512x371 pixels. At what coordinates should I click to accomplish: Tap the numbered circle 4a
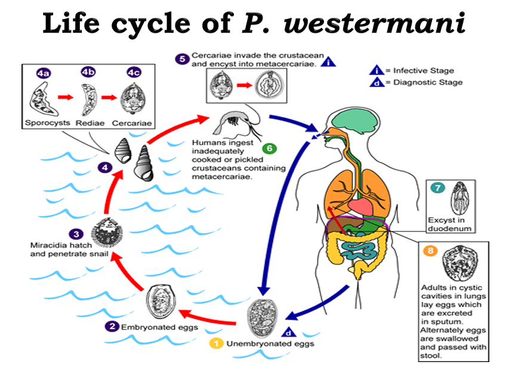tap(43, 73)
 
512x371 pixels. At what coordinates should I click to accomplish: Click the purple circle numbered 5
tap(182, 58)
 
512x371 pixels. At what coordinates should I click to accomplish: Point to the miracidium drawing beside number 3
tap(109, 233)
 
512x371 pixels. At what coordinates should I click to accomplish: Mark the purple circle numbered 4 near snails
tap(106, 168)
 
